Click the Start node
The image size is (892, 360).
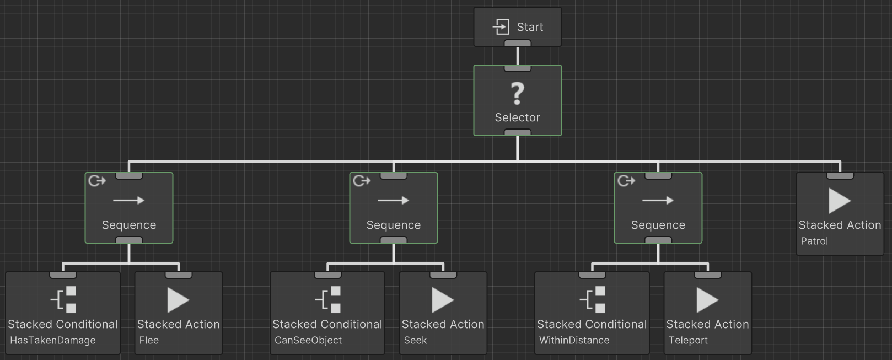click(x=518, y=26)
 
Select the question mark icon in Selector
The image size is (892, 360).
click(x=517, y=93)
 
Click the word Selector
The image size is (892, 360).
click(x=517, y=117)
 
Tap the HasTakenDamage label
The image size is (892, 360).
click(x=53, y=340)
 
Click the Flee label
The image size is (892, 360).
click(x=149, y=340)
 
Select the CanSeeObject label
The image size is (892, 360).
click(x=308, y=340)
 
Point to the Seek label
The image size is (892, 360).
click(x=415, y=340)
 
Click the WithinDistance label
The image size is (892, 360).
click(x=574, y=340)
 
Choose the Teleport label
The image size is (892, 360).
click(x=688, y=340)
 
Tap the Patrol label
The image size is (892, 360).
click(x=814, y=241)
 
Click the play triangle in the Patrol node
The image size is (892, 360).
click(x=839, y=201)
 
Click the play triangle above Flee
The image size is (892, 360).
click(x=178, y=300)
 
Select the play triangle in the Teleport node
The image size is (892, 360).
click(x=707, y=300)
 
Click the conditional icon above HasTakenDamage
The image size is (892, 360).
click(x=64, y=300)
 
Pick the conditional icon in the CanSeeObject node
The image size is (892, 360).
click(x=329, y=300)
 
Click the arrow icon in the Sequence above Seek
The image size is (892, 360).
click(x=393, y=200)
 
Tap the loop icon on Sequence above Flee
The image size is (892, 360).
click(x=96, y=181)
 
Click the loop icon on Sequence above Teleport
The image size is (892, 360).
click(x=626, y=181)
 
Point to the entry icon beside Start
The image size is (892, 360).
click(x=501, y=26)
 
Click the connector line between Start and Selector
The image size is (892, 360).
click(x=517, y=56)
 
